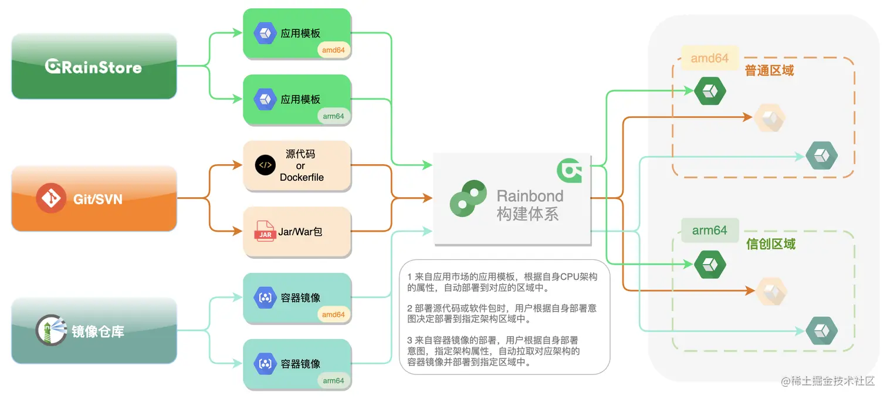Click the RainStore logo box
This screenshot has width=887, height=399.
[x=94, y=66]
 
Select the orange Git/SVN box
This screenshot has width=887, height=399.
[x=94, y=198]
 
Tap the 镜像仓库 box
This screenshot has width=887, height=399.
[x=94, y=331]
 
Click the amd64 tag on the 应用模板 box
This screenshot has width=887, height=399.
[x=333, y=50]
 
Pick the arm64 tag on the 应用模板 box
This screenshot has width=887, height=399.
[x=333, y=116]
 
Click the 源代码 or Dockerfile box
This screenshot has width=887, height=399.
[x=297, y=165]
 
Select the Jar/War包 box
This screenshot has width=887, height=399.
[x=297, y=232]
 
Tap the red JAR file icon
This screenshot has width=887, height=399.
[x=265, y=231]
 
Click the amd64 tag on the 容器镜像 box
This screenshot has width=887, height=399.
[x=333, y=315]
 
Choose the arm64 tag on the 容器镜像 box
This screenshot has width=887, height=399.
[x=333, y=380]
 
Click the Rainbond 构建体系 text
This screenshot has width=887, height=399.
[x=530, y=205]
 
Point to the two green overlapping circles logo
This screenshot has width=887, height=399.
[x=468, y=198]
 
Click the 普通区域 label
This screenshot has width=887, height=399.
[x=769, y=71]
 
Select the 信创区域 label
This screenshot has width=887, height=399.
[x=770, y=244]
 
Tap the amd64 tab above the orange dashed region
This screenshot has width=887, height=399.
[x=709, y=58]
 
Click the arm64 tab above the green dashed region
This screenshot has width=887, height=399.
[x=709, y=231]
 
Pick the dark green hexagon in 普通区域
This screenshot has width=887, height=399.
[x=710, y=91]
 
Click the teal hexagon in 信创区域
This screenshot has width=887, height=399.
[x=821, y=330]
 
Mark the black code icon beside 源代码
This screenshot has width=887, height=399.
[x=265, y=165]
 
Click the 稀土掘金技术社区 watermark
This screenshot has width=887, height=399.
[x=828, y=381]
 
